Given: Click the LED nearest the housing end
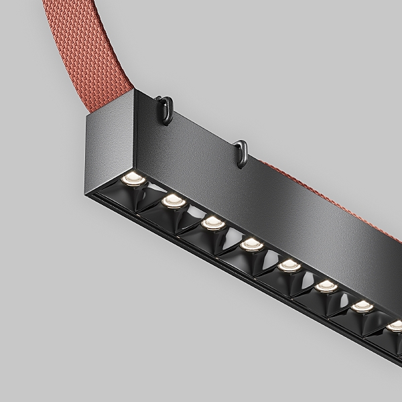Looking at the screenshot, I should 132,178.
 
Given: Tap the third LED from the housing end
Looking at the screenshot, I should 212,221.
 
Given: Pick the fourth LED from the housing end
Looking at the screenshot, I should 251,243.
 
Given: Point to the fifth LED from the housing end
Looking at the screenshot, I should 289,265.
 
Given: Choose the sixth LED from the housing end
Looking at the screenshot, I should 326,286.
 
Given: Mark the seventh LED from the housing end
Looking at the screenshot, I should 362,306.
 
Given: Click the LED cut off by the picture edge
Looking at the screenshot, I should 395,326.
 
